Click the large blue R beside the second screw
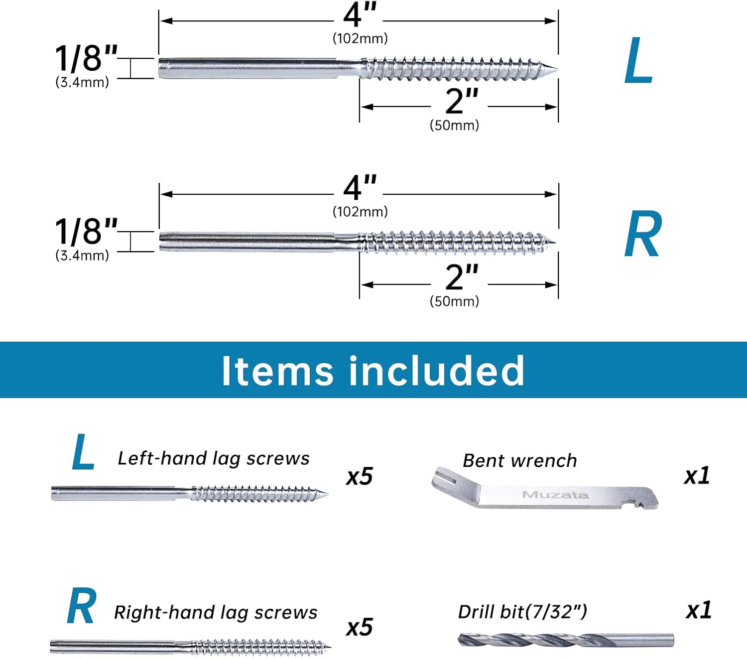[643, 234]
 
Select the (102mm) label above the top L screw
[360, 38]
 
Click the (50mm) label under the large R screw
[454, 301]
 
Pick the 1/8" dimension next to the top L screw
[86, 59]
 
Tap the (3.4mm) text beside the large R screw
[82, 256]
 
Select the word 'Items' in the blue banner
[277, 371]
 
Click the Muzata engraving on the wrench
[555, 495]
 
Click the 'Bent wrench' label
[519, 461]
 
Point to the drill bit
[565, 640]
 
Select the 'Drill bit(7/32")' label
[522, 612]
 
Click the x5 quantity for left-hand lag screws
[359, 477]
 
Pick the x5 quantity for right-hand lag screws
[359, 627]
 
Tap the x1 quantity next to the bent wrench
[697, 476]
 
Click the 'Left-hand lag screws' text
[213, 458]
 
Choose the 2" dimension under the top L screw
[461, 102]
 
